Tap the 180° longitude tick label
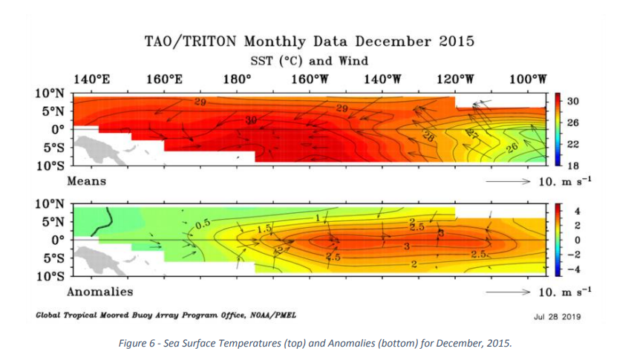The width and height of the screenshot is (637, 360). pos(236,79)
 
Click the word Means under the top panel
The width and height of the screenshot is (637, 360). pos(87,180)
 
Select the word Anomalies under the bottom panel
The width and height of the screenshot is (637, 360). pos(100,292)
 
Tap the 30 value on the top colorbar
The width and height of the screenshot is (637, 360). pos(572,101)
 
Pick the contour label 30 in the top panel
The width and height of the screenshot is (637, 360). pos(252,120)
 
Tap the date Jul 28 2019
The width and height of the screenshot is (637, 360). pos(558,316)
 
